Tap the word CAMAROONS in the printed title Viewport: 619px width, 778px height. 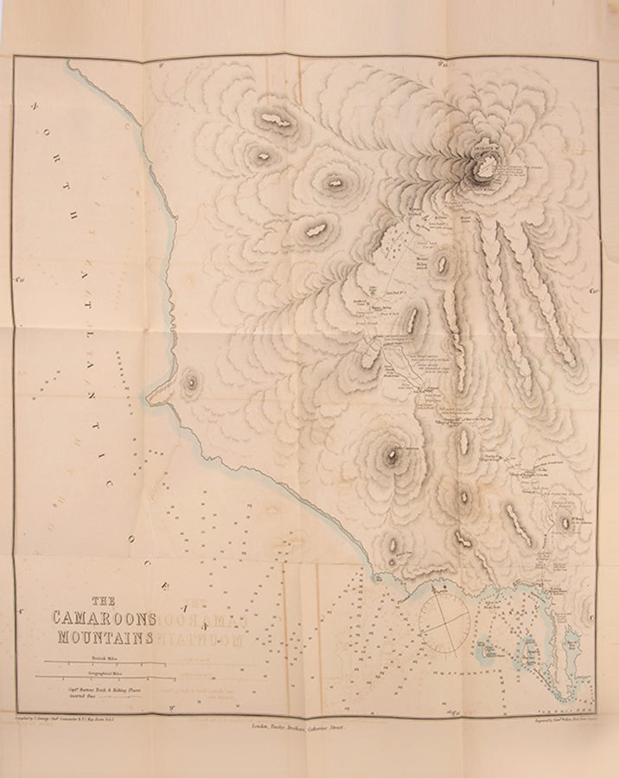coord(103,620)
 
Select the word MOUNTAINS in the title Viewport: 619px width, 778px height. coord(105,639)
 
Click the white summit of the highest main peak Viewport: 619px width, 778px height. coord(486,161)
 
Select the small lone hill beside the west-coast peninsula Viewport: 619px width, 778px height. coord(189,380)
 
